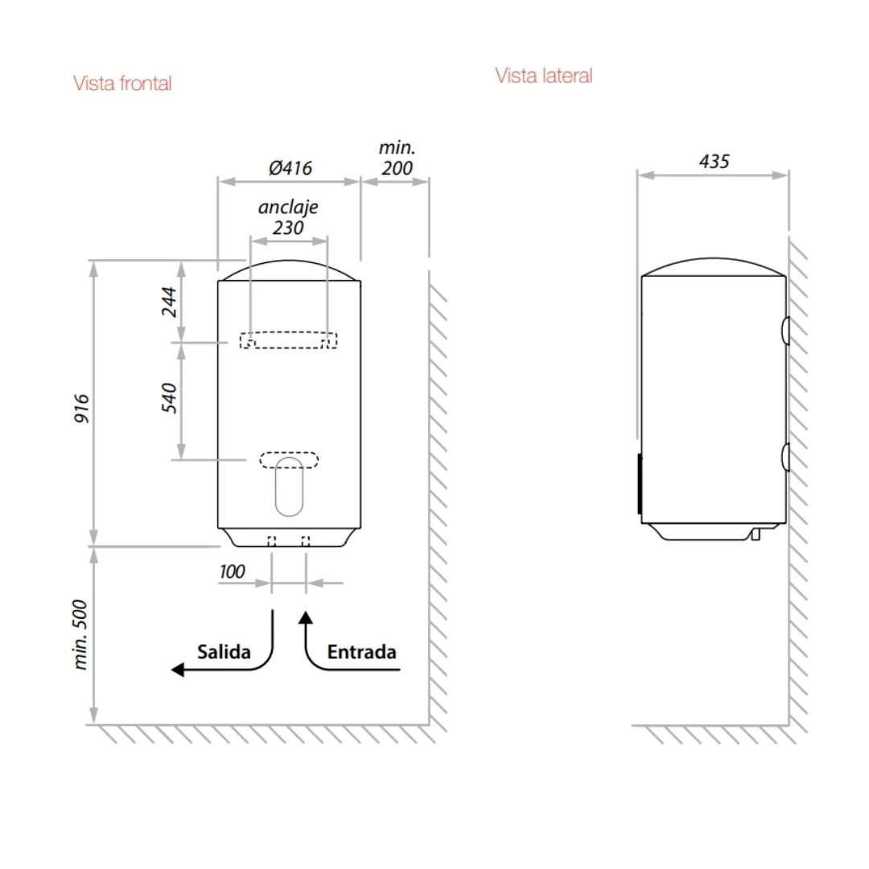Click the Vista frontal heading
(x=122, y=83)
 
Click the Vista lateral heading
(x=544, y=76)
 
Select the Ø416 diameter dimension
(x=290, y=168)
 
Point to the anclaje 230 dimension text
(x=288, y=217)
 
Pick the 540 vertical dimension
(x=170, y=399)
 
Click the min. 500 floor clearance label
(x=83, y=636)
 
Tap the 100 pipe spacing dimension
(x=232, y=572)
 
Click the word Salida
(x=224, y=652)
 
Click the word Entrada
(x=361, y=652)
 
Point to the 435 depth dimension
(x=714, y=161)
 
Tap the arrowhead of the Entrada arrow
(x=305, y=617)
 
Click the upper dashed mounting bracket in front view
(x=288, y=340)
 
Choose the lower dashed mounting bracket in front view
(x=289, y=460)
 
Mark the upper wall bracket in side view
(x=785, y=331)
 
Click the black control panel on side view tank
(x=640, y=484)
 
